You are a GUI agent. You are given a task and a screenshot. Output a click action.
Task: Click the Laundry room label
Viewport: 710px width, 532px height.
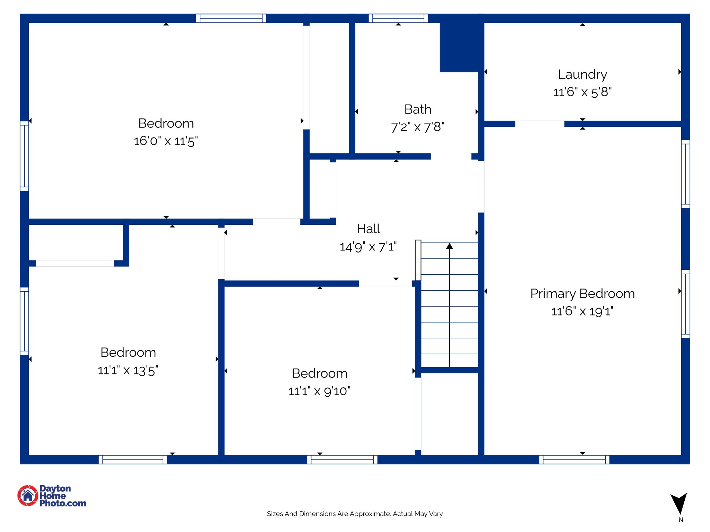pyautogui.click(x=582, y=74)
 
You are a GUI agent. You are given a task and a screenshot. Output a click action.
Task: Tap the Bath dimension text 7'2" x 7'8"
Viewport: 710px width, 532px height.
pyautogui.click(x=417, y=127)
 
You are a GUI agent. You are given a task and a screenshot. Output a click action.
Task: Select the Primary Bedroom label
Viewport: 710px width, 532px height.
pyautogui.click(x=582, y=294)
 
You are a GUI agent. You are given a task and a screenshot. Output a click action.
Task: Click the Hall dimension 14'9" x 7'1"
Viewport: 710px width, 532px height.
pyautogui.click(x=368, y=247)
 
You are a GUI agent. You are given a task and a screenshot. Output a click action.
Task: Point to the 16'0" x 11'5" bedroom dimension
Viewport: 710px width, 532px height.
pyautogui.click(x=166, y=141)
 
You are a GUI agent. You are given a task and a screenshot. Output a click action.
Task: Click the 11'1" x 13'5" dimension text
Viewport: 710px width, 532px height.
pyautogui.click(x=128, y=371)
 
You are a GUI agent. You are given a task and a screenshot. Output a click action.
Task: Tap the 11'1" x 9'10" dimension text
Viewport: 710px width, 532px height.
pyautogui.click(x=319, y=391)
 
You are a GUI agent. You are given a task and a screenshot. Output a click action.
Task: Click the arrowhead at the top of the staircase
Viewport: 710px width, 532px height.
pyautogui.click(x=450, y=246)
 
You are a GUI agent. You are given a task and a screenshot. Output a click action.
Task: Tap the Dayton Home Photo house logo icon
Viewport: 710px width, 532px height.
pyautogui.click(x=28, y=496)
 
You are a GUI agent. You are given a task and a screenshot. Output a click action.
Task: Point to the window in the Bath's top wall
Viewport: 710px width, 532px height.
pyautogui.click(x=398, y=18)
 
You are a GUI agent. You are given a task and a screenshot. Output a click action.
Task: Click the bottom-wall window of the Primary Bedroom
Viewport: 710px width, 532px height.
pyautogui.click(x=574, y=460)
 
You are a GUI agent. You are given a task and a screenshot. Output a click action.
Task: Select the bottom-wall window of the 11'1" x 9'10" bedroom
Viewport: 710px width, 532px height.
pyautogui.click(x=342, y=460)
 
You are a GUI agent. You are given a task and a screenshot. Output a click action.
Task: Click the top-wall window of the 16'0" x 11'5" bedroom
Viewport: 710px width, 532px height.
pyautogui.click(x=231, y=18)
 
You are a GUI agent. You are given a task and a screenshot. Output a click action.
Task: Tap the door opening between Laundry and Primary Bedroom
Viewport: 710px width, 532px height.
pyautogui.click(x=539, y=124)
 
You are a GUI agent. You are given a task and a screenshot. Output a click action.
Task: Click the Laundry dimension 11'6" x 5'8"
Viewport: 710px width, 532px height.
pyautogui.click(x=582, y=92)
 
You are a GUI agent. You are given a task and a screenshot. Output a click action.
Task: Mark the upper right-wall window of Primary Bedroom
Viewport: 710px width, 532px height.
pyautogui.click(x=685, y=174)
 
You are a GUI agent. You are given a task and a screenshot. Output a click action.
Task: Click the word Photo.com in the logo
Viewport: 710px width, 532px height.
pyautogui.click(x=63, y=503)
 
